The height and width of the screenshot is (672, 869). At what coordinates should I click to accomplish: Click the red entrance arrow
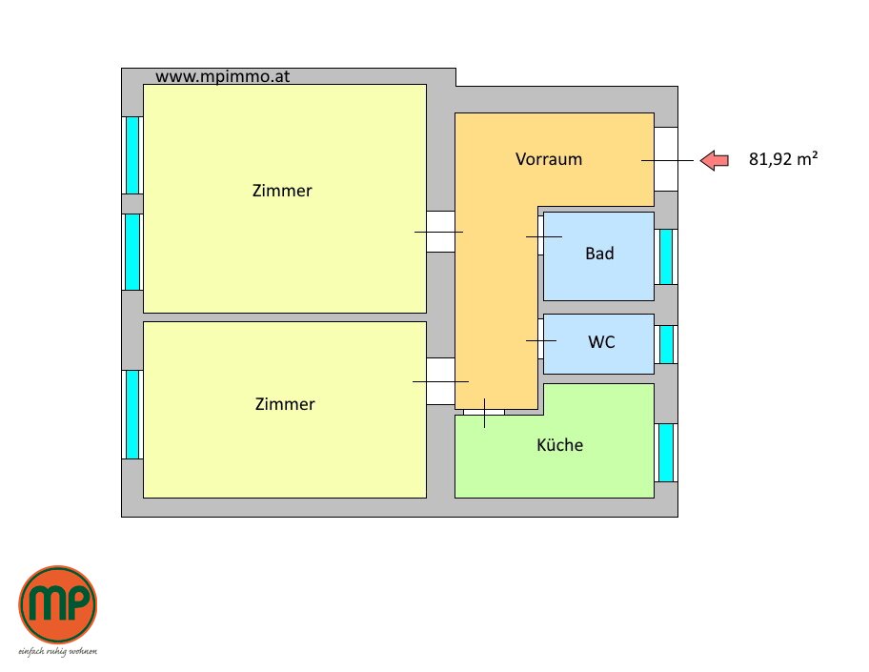click(714, 160)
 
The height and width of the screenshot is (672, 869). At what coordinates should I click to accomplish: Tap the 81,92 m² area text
click(783, 160)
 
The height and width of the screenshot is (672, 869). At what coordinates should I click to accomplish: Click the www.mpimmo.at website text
click(222, 76)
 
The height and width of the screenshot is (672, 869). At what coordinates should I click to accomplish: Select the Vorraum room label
click(549, 159)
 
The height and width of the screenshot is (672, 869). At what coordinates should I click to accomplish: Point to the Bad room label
click(599, 254)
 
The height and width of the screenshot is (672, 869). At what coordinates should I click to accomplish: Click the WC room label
click(601, 341)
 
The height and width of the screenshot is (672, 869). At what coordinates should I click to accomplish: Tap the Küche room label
click(559, 445)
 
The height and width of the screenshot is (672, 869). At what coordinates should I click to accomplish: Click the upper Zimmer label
click(282, 191)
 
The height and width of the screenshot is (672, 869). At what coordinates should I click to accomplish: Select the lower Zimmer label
click(285, 404)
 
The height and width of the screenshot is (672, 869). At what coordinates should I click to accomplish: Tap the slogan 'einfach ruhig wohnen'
click(58, 652)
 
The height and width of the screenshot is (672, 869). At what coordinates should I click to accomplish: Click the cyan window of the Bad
click(666, 256)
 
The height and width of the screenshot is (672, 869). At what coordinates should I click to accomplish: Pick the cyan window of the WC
click(666, 344)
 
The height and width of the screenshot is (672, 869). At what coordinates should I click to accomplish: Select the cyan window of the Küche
click(666, 452)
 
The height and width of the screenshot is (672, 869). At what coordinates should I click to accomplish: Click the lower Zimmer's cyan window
click(132, 414)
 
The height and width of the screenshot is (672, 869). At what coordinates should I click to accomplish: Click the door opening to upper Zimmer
click(440, 232)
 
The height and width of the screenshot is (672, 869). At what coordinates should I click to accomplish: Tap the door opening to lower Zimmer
click(440, 381)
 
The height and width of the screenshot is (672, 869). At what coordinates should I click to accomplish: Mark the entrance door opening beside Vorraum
click(666, 159)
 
